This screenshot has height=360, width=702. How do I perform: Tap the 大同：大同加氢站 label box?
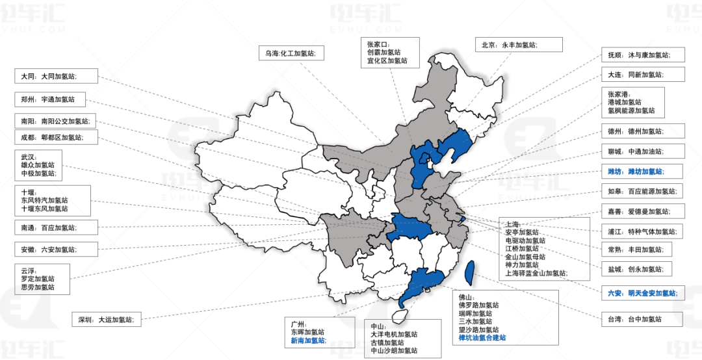click(56, 76)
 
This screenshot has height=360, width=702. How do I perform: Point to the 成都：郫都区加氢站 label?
click(56, 137)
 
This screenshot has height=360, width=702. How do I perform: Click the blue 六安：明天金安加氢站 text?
click(642, 294)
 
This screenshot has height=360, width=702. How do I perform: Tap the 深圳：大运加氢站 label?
click(107, 320)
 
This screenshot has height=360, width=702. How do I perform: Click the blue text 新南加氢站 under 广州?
click(307, 341)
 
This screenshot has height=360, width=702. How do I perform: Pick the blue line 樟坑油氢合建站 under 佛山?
click(482, 338)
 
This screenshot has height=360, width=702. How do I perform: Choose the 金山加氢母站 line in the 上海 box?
click(525, 257)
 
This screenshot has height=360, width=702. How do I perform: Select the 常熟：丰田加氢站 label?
click(640, 248)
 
